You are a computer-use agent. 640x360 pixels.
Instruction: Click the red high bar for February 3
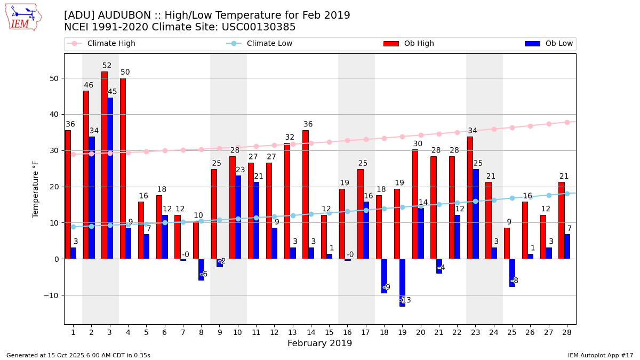point(105,165)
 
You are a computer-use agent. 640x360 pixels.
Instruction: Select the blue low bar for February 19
point(402,283)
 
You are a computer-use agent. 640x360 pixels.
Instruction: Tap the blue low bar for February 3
point(110,178)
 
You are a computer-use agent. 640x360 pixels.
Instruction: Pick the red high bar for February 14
point(306,195)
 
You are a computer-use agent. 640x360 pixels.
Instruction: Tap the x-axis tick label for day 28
point(567,333)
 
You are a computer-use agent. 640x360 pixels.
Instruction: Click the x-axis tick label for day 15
point(329,333)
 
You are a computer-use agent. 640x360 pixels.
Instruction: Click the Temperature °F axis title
point(36,189)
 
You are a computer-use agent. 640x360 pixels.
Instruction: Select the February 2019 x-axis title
point(319,343)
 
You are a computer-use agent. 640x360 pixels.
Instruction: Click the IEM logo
point(23,17)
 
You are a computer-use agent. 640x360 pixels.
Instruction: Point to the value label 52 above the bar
point(107,66)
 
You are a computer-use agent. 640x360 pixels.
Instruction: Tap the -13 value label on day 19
point(405,300)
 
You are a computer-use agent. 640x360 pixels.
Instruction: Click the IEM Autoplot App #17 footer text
point(600,355)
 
